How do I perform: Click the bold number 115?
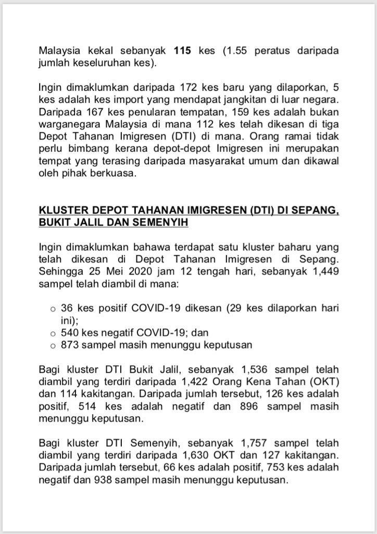click(183, 52)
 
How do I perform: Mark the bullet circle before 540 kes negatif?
click(53, 333)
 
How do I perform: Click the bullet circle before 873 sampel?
click(53, 345)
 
